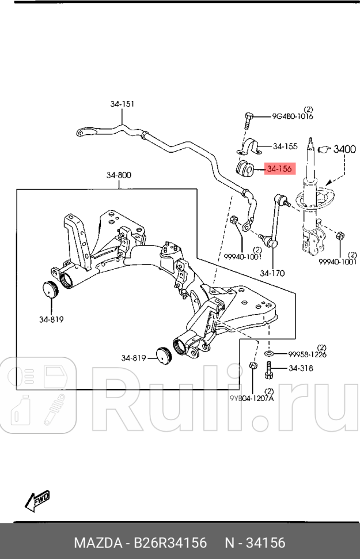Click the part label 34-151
click(x=122, y=104)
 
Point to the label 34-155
click(x=285, y=146)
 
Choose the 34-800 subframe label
click(x=118, y=175)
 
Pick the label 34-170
click(x=272, y=273)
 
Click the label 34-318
click(x=301, y=368)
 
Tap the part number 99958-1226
click(x=307, y=354)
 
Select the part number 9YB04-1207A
click(x=252, y=398)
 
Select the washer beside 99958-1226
click(x=270, y=353)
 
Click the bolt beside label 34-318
click(x=269, y=370)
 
